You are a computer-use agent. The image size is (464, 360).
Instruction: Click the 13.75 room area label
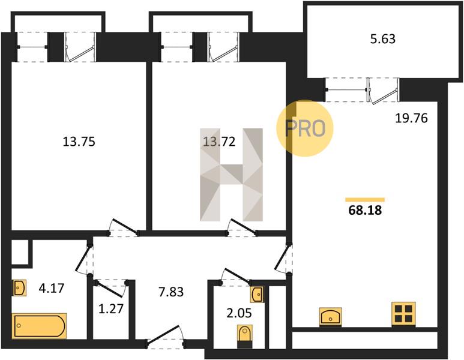79,142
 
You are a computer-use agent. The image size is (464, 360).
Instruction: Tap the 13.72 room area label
219,142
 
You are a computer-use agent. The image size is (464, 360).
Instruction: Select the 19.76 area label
412,118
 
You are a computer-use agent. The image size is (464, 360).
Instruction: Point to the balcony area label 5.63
383,39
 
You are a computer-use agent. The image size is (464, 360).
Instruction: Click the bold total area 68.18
365,211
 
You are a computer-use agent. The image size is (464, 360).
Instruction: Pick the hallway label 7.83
171,292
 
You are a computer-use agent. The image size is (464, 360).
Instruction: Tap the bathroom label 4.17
52,288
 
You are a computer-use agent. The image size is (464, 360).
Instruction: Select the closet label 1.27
110,309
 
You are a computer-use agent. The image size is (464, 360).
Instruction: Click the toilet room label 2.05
239,313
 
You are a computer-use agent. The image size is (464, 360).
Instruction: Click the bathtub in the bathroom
39,326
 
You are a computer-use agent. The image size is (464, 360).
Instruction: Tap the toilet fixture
245,337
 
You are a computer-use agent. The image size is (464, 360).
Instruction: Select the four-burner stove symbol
403,314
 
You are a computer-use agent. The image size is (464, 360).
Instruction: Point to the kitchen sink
331,317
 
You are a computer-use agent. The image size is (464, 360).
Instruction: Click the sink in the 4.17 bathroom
19,287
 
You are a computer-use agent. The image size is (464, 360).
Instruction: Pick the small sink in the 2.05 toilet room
257,295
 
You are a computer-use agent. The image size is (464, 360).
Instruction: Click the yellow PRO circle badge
305,128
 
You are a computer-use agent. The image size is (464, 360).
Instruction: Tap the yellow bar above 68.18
365,200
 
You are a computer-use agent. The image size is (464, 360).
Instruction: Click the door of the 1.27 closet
110,288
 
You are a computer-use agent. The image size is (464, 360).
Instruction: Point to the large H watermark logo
232,175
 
